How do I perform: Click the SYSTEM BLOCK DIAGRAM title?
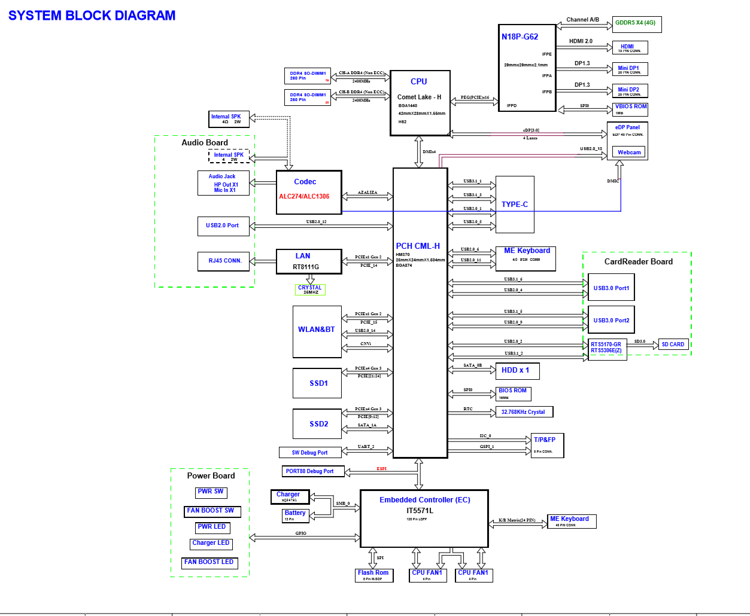coord(92,16)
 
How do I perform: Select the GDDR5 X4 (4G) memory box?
coord(637,24)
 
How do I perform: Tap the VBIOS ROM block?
coord(631,109)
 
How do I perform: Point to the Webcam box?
coord(629,153)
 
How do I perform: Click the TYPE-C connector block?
coord(515,205)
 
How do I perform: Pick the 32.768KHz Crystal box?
coord(524,412)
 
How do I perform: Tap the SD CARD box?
coord(672,344)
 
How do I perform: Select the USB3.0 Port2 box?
coord(611,320)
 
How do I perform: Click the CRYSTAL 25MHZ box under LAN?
coord(310,289)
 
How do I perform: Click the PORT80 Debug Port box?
coord(312,471)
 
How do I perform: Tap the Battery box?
coord(296,515)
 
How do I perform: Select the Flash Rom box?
coord(373,575)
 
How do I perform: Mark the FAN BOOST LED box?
coord(209,563)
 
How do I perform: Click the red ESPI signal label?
coord(381,469)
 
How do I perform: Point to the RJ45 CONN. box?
coord(224,261)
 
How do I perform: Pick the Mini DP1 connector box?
coord(629,69)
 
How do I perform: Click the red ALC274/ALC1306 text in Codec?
coord(304,197)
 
